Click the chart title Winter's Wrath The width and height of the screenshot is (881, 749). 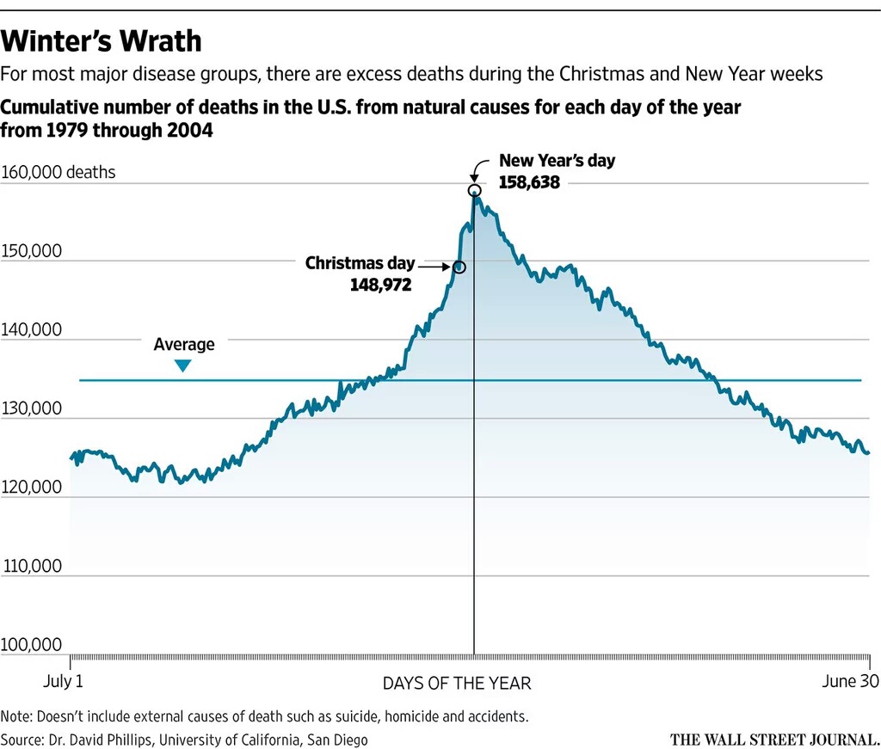coord(102,40)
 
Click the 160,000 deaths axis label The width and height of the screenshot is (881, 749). coord(59,172)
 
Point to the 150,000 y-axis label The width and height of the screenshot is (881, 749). coord(34,251)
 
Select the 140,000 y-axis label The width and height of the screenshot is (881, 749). coord(34,329)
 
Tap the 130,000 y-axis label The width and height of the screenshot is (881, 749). coord(34,408)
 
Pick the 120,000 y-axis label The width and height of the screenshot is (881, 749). coord(34,487)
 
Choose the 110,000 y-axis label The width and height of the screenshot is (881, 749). coord(34,566)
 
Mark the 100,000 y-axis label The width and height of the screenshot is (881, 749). coord(34,645)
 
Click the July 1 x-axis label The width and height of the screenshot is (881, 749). coord(64,683)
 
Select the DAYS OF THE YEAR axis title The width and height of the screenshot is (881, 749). coord(457,684)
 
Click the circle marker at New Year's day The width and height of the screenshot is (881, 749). coord(474,190)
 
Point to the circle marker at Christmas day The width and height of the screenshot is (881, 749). coord(459,267)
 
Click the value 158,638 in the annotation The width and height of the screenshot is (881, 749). coord(529,182)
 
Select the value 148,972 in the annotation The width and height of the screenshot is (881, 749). coord(380,285)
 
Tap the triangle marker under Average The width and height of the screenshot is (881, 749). coord(182,365)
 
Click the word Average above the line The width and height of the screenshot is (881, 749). coord(184,345)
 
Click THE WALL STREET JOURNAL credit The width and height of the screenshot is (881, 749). coord(775,739)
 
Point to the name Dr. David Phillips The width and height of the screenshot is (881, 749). coord(101,740)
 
